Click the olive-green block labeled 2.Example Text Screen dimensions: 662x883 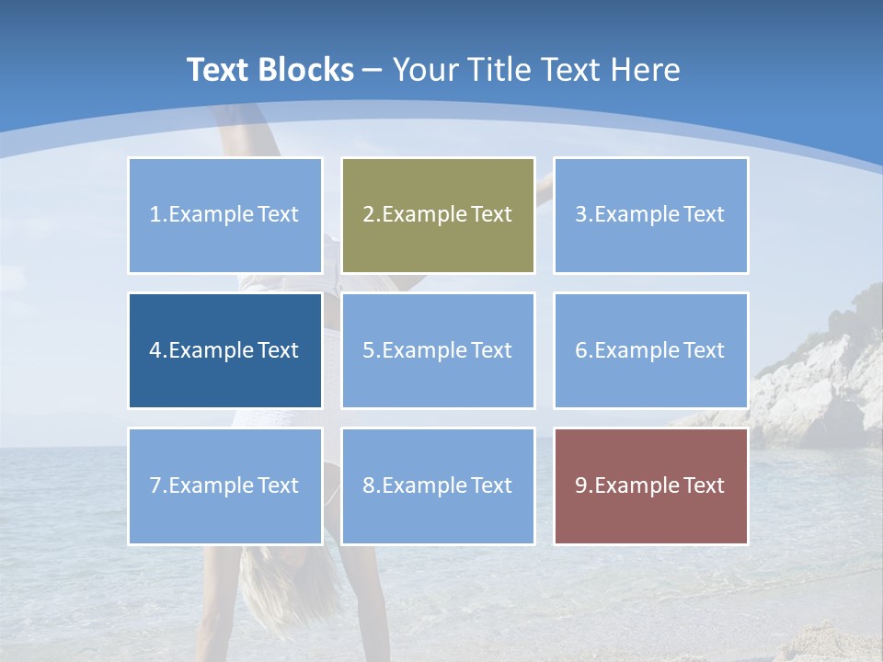coord(438,215)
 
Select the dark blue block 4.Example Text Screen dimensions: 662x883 coord(225,350)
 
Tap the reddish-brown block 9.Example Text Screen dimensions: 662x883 coord(650,485)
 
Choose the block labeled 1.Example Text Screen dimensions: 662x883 coord(225,215)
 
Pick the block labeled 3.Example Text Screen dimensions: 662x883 coord(650,215)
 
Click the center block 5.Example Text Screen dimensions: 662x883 coord(438,350)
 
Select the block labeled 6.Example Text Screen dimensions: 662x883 coord(650,350)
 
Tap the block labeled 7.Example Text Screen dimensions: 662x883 coord(225,485)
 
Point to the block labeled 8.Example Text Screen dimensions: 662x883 coord(438,485)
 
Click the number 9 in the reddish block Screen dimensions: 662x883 coord(581,485)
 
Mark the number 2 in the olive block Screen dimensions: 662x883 coord(368,215)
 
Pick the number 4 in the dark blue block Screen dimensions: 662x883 coord(155,350)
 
